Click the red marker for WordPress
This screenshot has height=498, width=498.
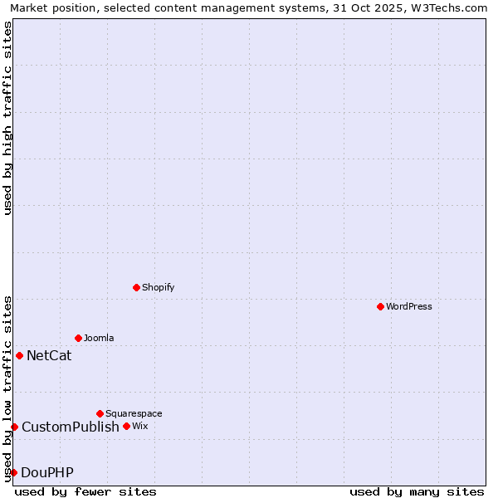pyautogui.click(x=380, y=306)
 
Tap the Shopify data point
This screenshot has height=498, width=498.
pyautogui.click(x=136, y=287)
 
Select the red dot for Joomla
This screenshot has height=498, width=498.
pyautogui.click(x=78, y=338)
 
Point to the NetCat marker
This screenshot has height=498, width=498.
pyautogui.click(x=19, y=355)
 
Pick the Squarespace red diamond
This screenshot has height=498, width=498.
pyautogui.click(x=100, y=413)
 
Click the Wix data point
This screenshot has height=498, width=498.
pyautogui.click(x=126, y=426)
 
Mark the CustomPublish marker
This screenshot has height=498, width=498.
pyautogui.click(x=14, y=427)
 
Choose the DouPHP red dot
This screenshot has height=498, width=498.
pyautogui.click(x=13, y=472)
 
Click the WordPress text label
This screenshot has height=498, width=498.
pyautogui.click(x=409, y=306)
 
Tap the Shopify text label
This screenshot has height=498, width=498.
pyautogui.click(x=158, y=287)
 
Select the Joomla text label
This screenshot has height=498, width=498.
pyautogui.click(x=99, y=338)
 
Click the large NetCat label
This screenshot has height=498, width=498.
pyautogui.click(x=49, y=356)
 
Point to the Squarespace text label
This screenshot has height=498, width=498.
pyautogui.click(x=134, y=413)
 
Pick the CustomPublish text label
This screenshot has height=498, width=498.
pyautogui.click(x=71, y=427)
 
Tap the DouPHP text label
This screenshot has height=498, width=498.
pyautogui.click(x=47, y=473)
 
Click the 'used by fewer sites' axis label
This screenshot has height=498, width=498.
pyautogui.click(x=85, y=491)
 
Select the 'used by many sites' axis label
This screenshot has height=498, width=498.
pyautogui.click(x=417, y=491)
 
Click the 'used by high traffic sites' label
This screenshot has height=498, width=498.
pyautogui.click(x=7, y=118)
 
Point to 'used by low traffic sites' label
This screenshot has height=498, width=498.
pyautogui.click(x=7, y=388)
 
